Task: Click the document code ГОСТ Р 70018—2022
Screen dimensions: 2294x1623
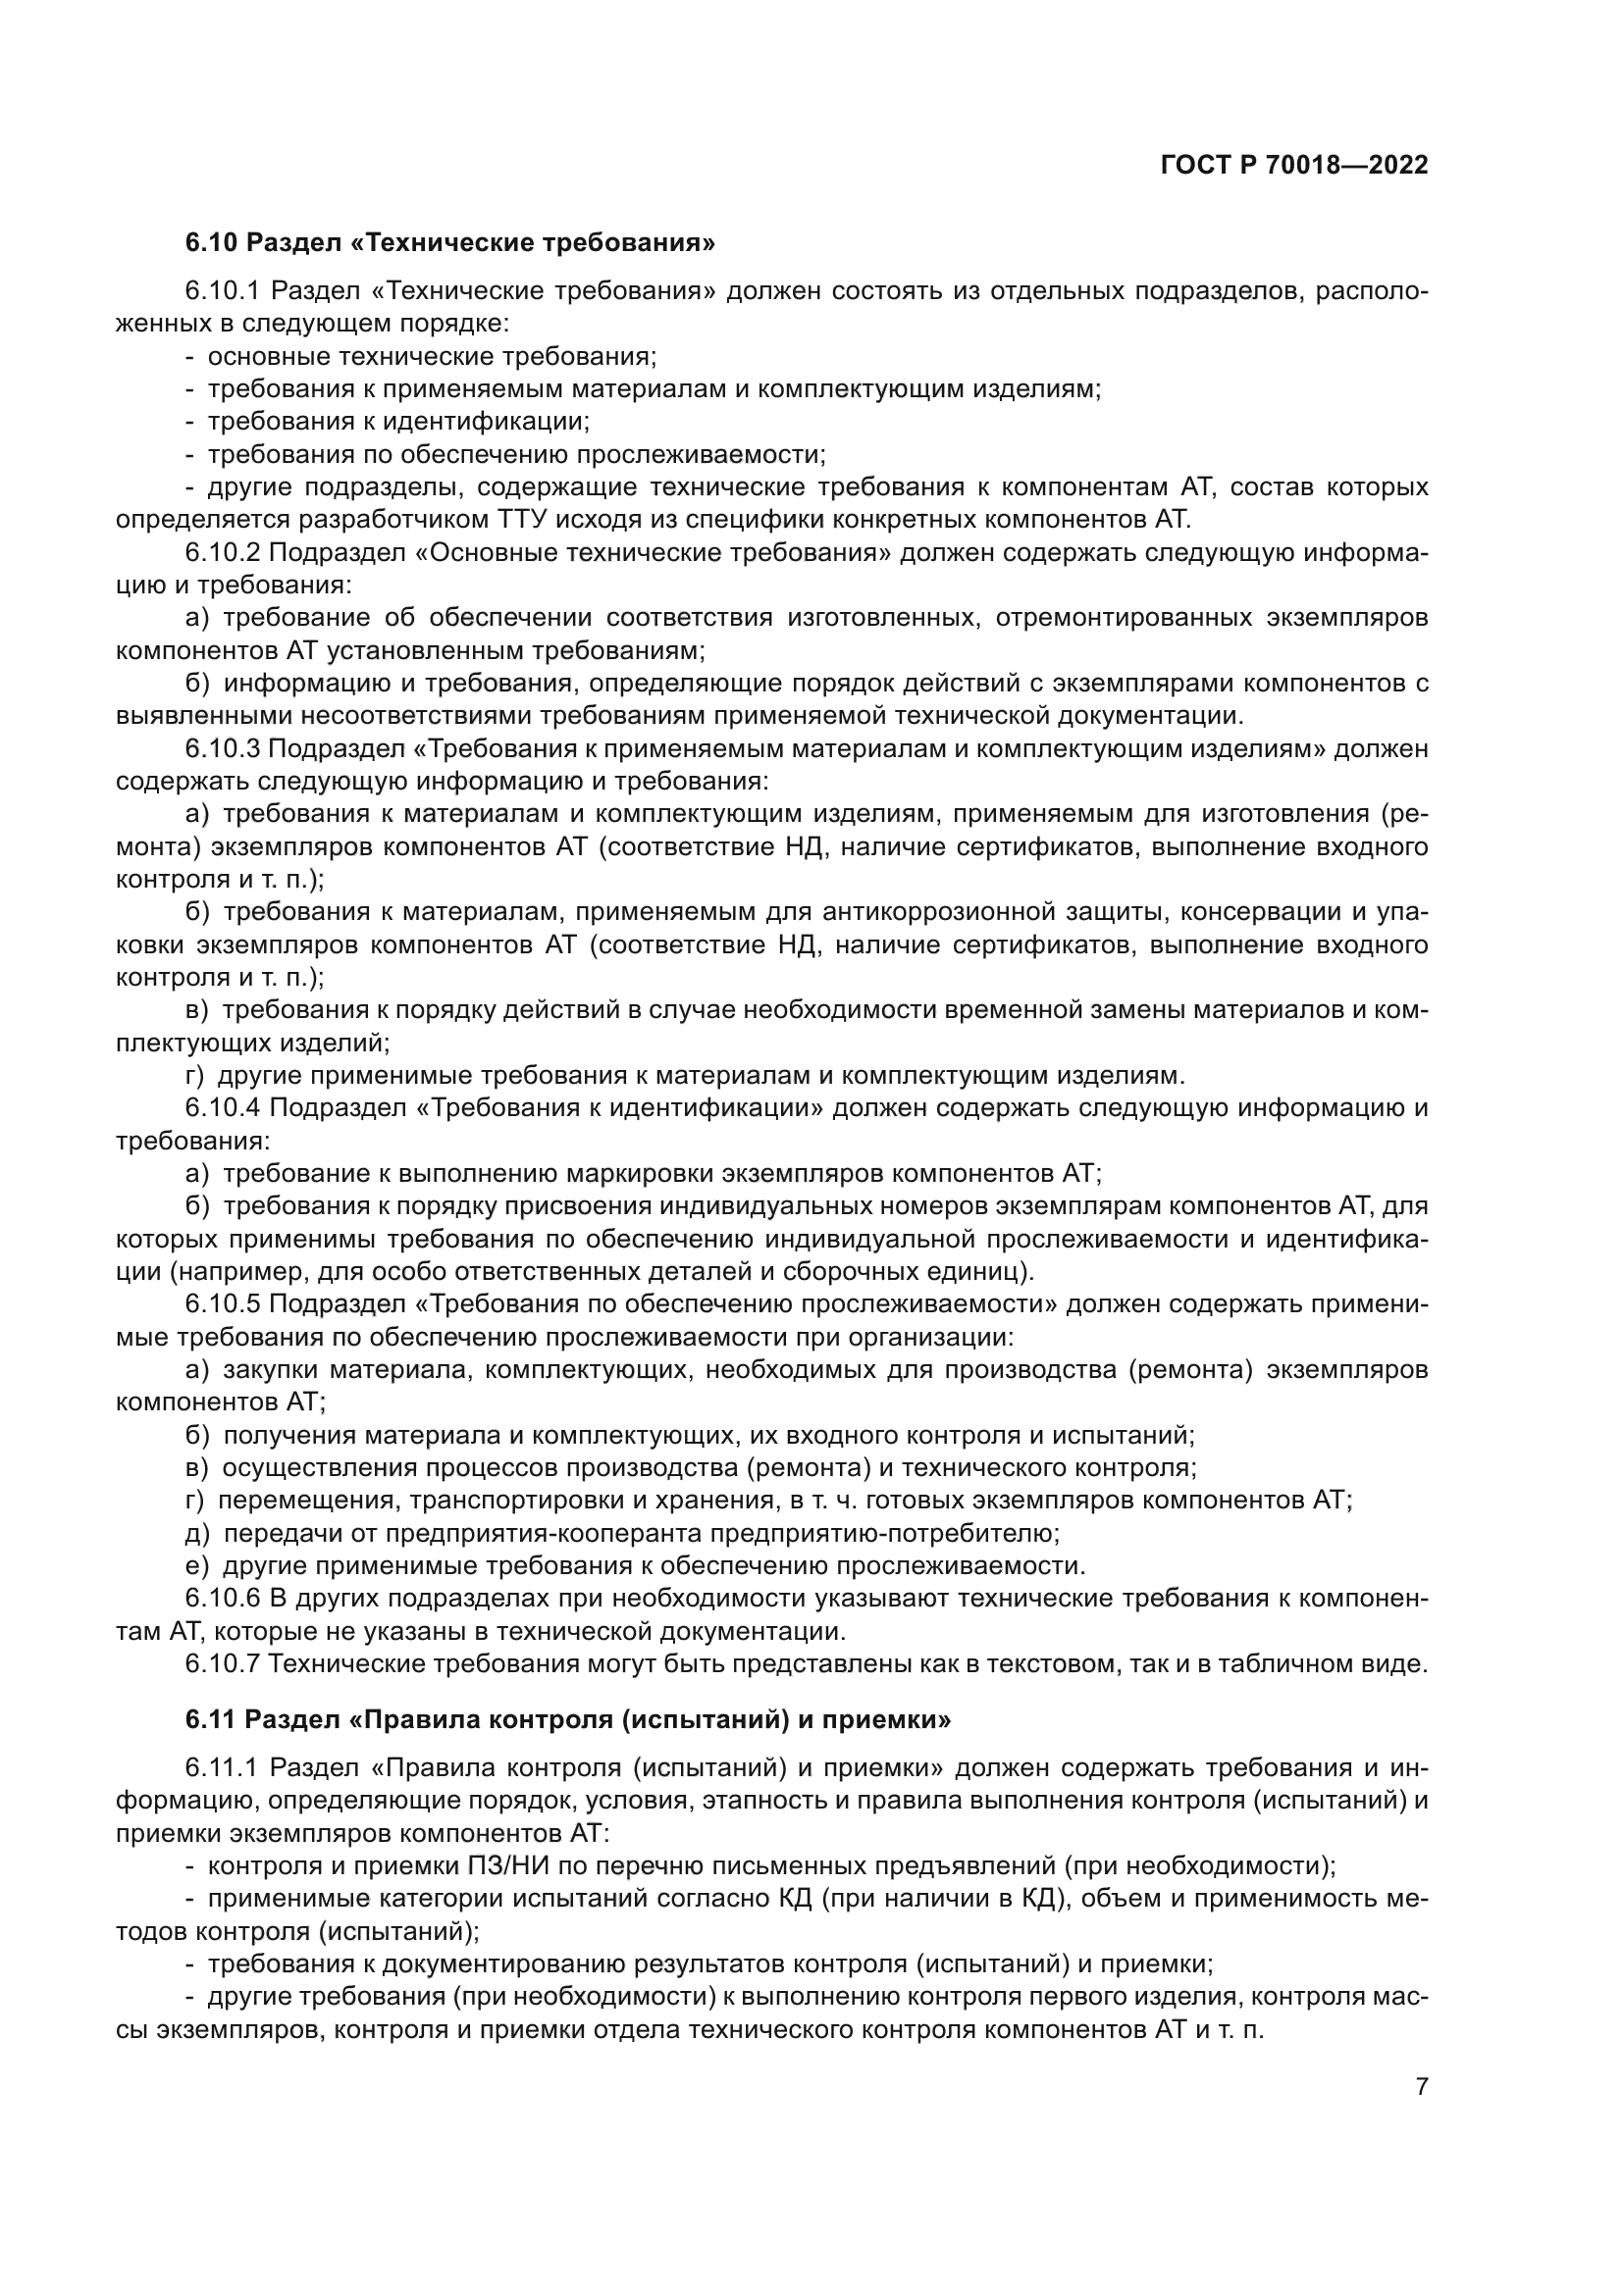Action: [x=1294, y=166]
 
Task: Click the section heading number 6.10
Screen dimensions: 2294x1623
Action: [x=211, y=242]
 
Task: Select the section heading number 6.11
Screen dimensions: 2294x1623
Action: [x=211, y=1719]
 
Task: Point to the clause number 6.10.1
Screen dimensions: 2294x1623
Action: [x=222, y=290]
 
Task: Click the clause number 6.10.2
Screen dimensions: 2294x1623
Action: [x=222, y=553]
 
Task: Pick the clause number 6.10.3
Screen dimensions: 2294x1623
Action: [x=222, y=748]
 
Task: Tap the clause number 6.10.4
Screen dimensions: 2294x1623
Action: [x=222, y=1107]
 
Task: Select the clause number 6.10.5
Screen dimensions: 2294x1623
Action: [x=222, y=1303]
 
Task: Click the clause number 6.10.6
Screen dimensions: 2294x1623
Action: [x=222, y=1599]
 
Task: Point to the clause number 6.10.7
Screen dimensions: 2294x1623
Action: [x=222, y=1663]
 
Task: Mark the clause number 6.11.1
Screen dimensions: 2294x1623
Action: [x=222, y=1767]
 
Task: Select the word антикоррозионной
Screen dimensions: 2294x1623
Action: [x=935, y=912]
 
